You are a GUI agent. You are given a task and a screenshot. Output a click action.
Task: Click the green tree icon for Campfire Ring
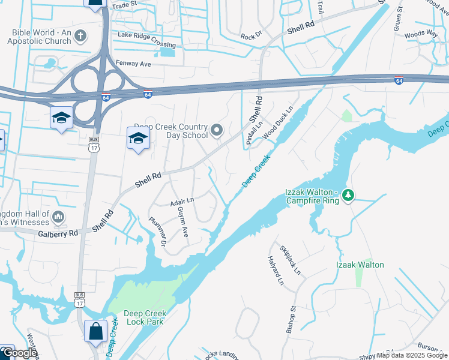coord(349,195)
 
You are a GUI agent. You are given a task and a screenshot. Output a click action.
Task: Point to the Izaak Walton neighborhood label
coord(360,265)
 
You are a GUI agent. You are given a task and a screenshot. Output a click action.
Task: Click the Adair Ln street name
coord(182,202)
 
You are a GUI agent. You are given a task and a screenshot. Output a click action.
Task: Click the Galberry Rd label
coord(58,233)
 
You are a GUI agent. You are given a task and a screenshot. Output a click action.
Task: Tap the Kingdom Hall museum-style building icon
coord(58,216)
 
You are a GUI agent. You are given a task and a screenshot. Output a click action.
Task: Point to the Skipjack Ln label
coord(290,257)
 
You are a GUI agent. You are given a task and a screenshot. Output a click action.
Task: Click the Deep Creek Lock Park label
coord(144,317)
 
